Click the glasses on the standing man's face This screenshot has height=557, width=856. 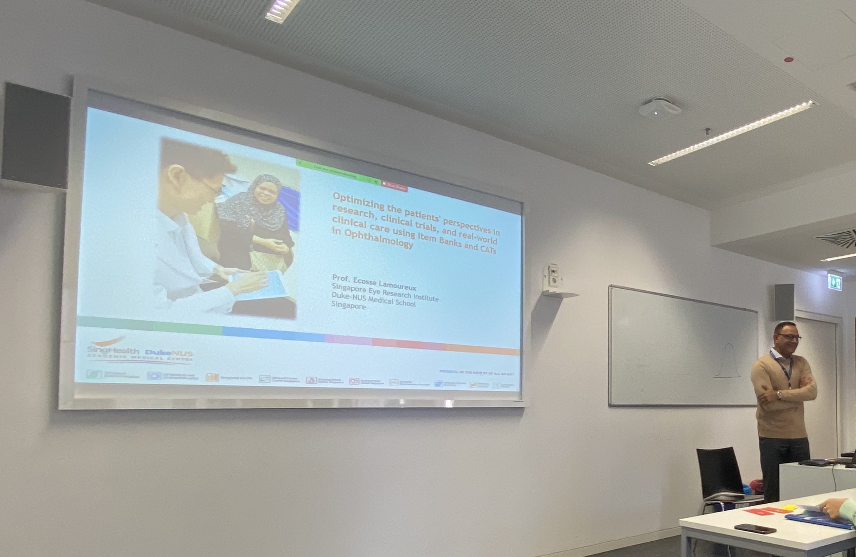789,337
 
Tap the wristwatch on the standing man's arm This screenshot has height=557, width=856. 780,395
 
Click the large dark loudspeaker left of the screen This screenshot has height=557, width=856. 36,136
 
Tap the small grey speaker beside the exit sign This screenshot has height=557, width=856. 784,302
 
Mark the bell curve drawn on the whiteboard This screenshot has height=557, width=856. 728,361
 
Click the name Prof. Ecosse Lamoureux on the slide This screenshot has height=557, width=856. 374,281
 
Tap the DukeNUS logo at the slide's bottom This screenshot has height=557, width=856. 169,354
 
